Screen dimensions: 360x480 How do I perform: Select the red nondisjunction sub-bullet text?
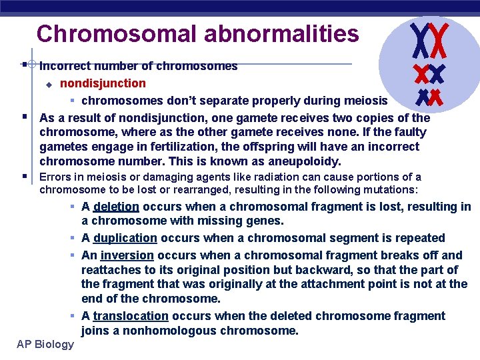click(x=103, y=83)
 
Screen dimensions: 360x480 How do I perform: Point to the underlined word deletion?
click(x=116, y=207)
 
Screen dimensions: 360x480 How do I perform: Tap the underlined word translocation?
click(x=131, y=316)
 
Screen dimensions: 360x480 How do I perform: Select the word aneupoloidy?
click(x=309, y=161)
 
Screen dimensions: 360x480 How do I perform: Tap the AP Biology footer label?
click(x=46, y=344)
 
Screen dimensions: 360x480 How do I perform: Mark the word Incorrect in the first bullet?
click(x=66, y=66)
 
